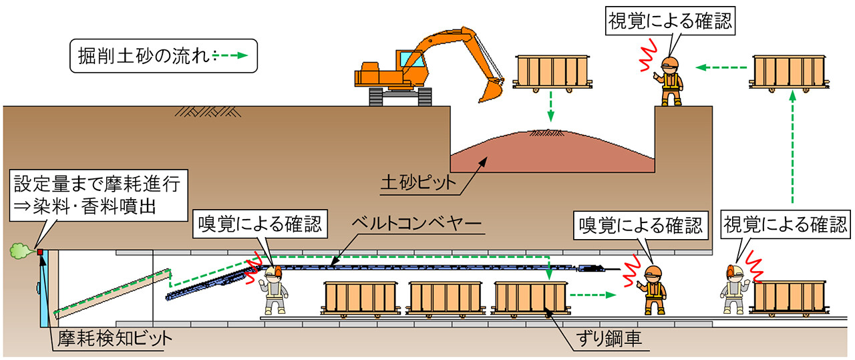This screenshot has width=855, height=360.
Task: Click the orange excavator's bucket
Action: pyautogui.click(x=490, y=90)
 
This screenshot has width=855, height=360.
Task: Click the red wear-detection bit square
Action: pyautogui.click(x=40, y=252)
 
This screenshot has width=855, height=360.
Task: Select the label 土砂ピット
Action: pyautogui.click(x=418, y=183)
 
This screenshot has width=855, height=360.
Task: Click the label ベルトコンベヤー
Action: pyautogui.click(x=417, y=223)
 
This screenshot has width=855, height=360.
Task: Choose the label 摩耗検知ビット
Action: pyautogui.click(x=114, y=339)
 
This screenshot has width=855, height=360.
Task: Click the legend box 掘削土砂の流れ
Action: pyautogui.click(x=164, y=55)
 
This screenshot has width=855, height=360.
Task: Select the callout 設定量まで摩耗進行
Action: pyautogui.click(x=98, y=195)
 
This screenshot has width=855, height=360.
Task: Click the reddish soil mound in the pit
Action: pyautogui.click(x=552, y=153)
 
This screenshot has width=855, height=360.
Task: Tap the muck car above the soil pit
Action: pyautogui.click(x=552, y=73)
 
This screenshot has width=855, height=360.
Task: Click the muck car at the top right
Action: pyautogui.click(x=789, y=73)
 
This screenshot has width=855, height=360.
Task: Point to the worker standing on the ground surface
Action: pyautogui.click(x=671, y=81)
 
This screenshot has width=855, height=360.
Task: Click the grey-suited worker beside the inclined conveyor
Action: pyautogui.click(x=273, y=290)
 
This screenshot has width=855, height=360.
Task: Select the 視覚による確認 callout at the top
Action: pyautogui.click(x=670, y=21)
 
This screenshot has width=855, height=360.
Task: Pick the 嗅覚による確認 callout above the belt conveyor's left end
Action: pyautogui.click(x=260, y=224)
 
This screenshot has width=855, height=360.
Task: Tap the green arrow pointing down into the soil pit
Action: pyautogui.click(x=550, y=107)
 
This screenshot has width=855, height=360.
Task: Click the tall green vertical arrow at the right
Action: pyautogui.click(x=792, y=148)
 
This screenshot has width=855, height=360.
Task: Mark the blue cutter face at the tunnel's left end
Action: pyautogui.click(x=44, y=289)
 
